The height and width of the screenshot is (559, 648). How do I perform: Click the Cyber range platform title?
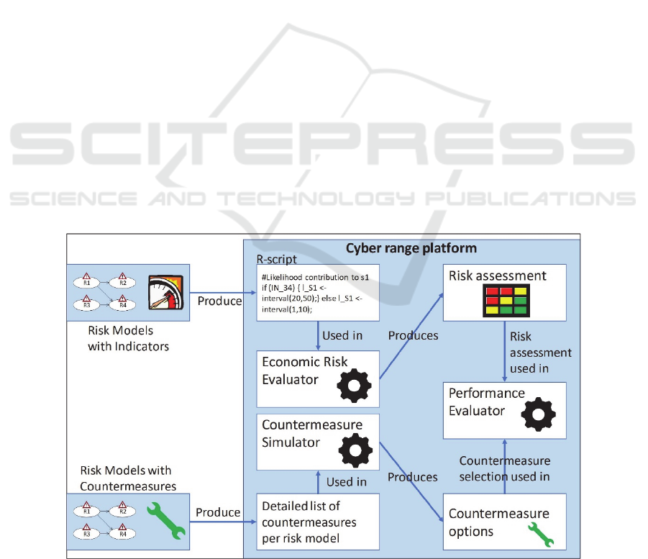click(411, 248)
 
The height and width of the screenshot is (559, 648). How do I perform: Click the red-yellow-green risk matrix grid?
click(503, 301)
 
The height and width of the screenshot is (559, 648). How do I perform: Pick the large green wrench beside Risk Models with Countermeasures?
click(165, 520)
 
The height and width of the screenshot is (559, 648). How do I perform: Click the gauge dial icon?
click(165, 293)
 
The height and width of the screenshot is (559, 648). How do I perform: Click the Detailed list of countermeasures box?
click(318, 522)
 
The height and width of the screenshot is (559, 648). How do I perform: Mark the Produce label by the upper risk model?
click(219, 301)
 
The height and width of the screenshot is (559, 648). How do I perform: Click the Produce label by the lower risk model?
click(218, 512)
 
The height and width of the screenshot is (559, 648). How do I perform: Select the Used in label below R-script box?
click(342, 335)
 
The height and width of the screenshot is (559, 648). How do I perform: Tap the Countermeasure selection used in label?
click(505, 468)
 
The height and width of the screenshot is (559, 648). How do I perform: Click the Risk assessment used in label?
click(540, 353)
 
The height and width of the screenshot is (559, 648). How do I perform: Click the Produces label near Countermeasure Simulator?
click(412, 477)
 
